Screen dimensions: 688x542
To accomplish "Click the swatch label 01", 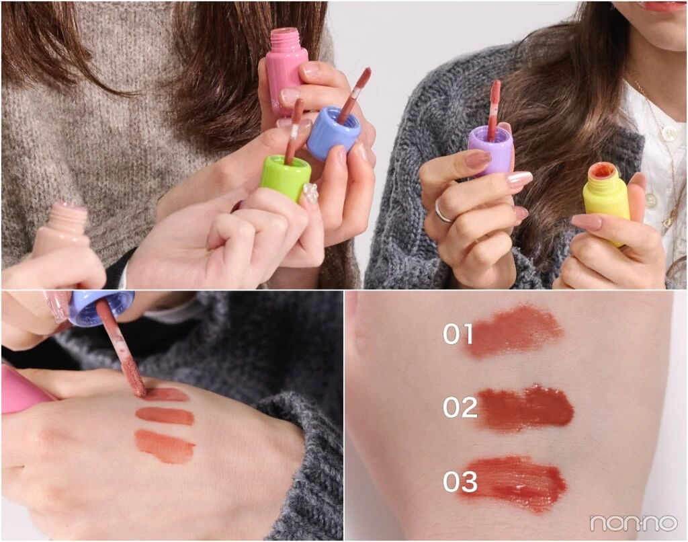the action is [x=458, y=334].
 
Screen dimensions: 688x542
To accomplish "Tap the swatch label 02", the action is [x=460, y=407].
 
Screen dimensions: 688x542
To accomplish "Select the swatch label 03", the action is [x=460, y=481].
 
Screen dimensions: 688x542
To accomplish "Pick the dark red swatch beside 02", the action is [x=525, y=408].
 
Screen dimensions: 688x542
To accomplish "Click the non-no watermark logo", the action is [x=633, y=522].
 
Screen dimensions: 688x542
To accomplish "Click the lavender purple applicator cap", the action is [x=490, y=149].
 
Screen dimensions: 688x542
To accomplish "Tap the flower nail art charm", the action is [x=310, y=193].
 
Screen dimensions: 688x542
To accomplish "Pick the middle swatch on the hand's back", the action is [x=165, y=416].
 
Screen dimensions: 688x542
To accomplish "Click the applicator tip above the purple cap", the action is [x=495, y=95].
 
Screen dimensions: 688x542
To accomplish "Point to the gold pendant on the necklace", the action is [x=667, y=221].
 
